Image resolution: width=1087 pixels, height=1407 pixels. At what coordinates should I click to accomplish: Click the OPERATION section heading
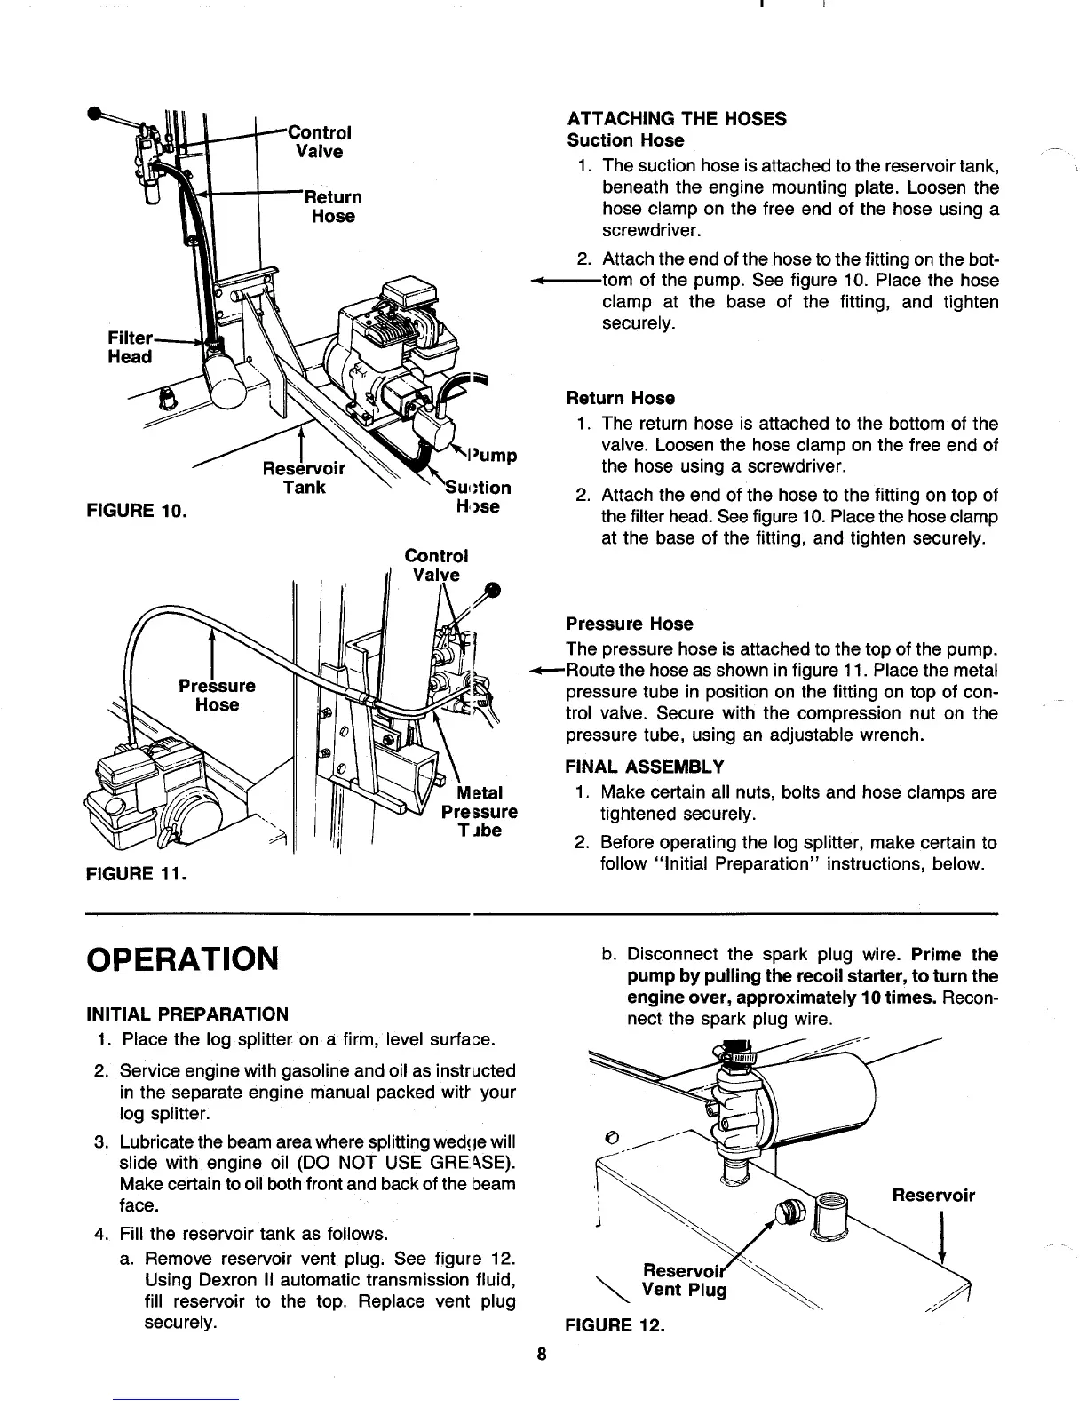point(182,958)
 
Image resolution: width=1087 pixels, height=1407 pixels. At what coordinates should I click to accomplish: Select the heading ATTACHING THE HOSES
point(677,119)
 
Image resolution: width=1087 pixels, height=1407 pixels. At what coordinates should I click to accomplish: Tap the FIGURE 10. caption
point(136,512)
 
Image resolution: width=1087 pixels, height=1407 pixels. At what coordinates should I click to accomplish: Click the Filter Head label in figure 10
point(130,347)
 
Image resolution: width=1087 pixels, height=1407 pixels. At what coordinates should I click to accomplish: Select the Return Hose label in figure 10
point(332,206)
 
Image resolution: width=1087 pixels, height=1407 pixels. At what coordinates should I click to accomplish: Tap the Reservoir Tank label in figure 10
point(304,478)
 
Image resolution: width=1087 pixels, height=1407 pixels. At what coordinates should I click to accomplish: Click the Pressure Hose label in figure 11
point(217,696)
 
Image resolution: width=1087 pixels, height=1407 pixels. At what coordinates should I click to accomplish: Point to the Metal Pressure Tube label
point(480,812)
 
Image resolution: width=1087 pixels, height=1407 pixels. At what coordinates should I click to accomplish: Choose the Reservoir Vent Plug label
point(684,1279)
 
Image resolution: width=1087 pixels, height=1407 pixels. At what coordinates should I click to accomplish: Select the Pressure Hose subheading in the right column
point(629,624)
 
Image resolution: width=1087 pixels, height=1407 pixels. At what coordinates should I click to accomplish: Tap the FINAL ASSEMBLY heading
point(644,767)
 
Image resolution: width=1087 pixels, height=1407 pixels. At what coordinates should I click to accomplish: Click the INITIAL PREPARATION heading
point(186,1014)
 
